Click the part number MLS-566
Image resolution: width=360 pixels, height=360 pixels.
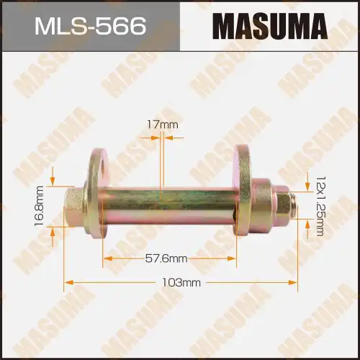point(90,27)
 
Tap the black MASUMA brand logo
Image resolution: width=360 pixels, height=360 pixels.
point(269,27)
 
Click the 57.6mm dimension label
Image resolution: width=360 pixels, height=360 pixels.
point(166,258)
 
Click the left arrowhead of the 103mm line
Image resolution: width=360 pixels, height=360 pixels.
point(67,281)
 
